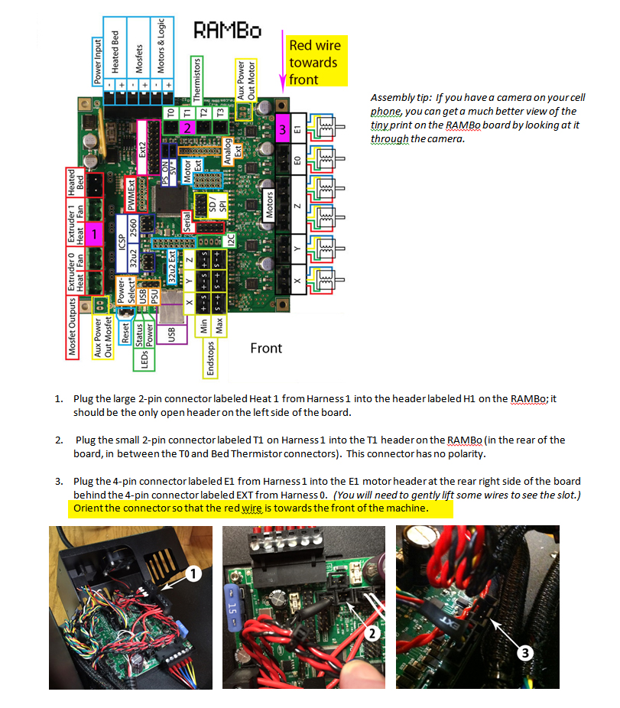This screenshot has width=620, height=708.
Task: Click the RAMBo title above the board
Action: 227,30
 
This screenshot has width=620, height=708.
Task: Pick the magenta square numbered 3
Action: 282,131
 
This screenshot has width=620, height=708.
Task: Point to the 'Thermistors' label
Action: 196,80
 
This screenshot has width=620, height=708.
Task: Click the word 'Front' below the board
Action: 266,349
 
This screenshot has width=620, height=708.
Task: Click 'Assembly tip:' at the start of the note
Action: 401,98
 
